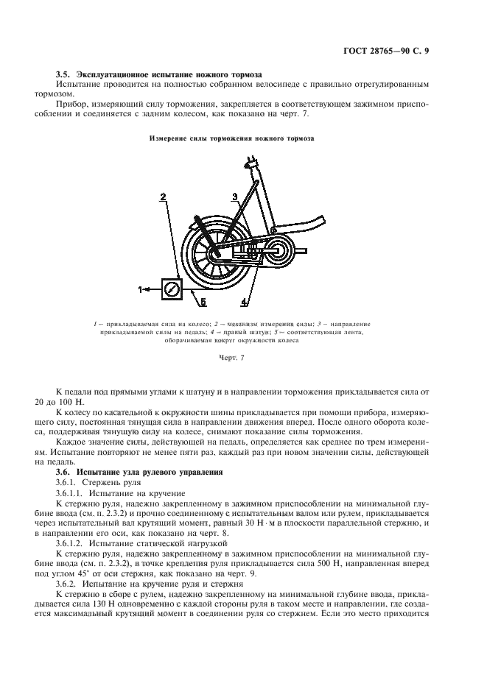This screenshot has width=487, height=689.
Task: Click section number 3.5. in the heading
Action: click(65, 74)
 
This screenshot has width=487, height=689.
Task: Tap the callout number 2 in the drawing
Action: click(163, 197)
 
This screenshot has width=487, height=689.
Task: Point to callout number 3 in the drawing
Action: click(234, 197)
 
